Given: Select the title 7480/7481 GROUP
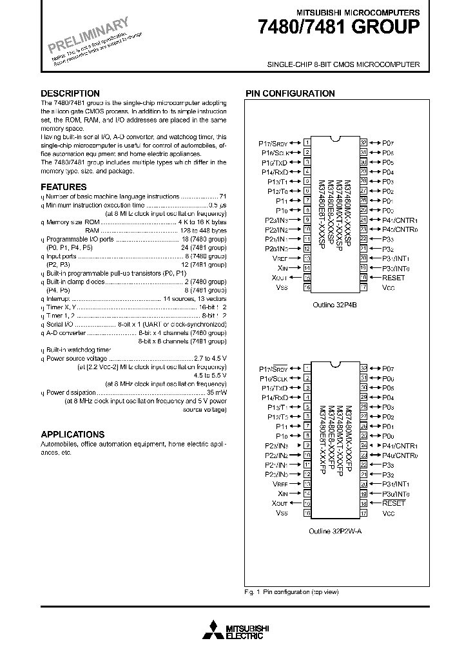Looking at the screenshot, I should click(338, 27).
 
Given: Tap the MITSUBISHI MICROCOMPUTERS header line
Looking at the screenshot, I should click(358, 12).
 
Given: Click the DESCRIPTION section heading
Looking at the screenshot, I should click(70, 93).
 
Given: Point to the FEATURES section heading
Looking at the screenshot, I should click(63, 187).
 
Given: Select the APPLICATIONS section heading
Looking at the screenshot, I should click(72, 434).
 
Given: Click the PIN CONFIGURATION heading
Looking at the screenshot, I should click(290, 93).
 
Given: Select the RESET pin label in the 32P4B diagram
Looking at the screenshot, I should click(393, 278).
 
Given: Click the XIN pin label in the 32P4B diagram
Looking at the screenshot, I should click(280, 268).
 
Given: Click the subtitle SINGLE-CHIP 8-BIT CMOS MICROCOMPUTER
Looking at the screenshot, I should click(343, 64).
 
